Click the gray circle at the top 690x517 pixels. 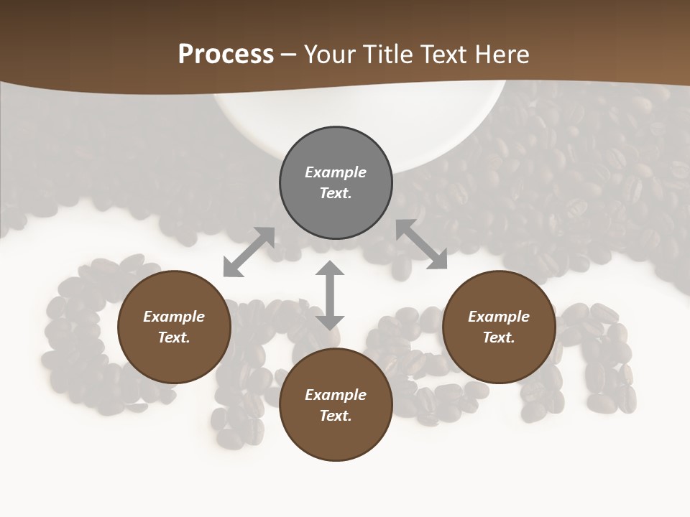[x=336, y=183]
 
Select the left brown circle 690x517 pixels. [x=174, y=327]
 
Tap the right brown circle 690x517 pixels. [x=499, y=327]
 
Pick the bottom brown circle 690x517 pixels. [x=336, y=405]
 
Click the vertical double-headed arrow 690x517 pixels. [x=330, y=295]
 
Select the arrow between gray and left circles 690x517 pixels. [x=249, y=252]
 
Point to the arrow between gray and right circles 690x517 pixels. [x=421, y=245]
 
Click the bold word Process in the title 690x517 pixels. [x=226, y=54]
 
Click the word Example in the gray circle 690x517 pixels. [x=336, y=172]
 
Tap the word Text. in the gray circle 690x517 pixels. [x=336, y=193]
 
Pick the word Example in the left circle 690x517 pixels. [x=174, y=317]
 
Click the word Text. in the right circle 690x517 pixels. [x=499, y=337]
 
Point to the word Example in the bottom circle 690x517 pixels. [x=336, y=395]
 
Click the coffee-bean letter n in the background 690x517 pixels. [x=600, y=359]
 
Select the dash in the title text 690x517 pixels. [x=289, y=55]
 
